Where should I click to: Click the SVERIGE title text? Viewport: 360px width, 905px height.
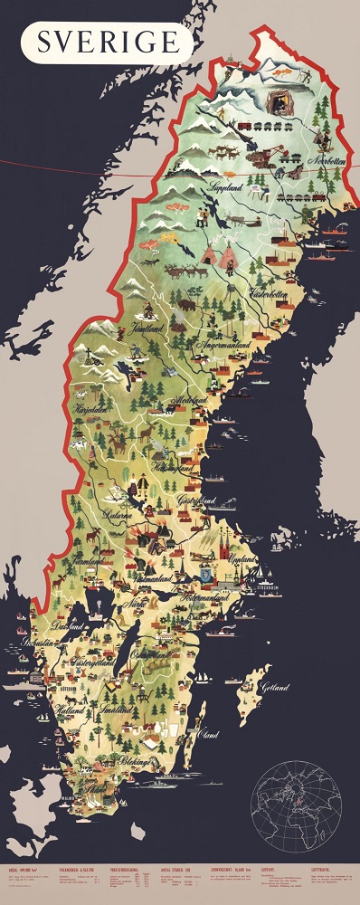(x=109, y=42)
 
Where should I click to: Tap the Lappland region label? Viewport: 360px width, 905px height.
(x=227, y=188)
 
